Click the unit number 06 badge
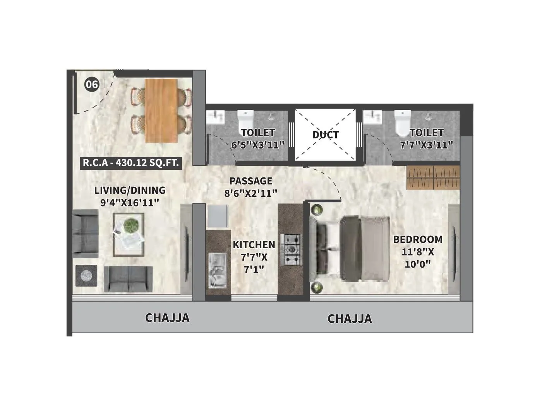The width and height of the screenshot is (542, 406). coord(92,85)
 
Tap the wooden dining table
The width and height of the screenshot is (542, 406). coord(162,111)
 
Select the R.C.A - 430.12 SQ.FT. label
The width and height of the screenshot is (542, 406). coord(130,163)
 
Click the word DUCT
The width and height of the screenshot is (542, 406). coord(326,135)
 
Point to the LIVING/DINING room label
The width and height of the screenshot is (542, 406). coord(130,190)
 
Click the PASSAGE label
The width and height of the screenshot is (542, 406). coord(251,181)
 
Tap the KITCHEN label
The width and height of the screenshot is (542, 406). coord(254,245)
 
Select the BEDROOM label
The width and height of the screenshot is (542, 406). coord(418,239)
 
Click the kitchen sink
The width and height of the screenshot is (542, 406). coord(218,270)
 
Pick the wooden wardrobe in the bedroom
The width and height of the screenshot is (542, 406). coord(433,178)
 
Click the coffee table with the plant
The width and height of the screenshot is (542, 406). coord(129,235)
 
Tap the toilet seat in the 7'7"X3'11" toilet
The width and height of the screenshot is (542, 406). coord(403,123)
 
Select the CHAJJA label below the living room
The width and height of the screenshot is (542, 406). coord(167,318)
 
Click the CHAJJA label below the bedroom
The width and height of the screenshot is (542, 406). coord(350,319)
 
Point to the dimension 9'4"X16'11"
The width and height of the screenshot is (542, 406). coord(129,203)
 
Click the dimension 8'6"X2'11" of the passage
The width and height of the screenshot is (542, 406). coord(251,193)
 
